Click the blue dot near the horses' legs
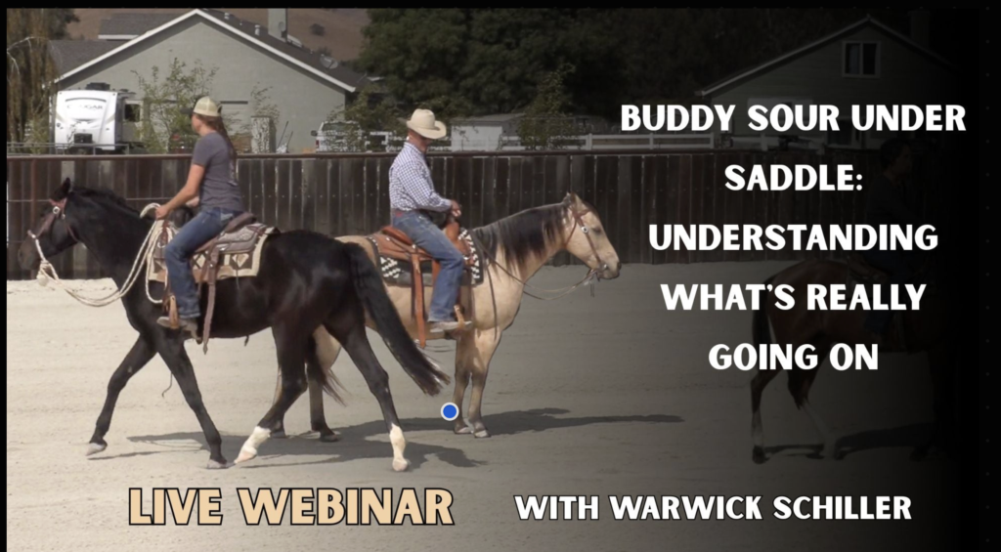point(450,411)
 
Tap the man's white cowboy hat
point(425,123)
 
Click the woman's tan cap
point(205,106)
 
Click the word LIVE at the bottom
point(176,507)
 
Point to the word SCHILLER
point(842,508)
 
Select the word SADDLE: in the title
point(794,178)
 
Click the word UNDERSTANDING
point(793,238)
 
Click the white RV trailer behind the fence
point(96,120)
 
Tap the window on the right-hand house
point(860,59)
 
